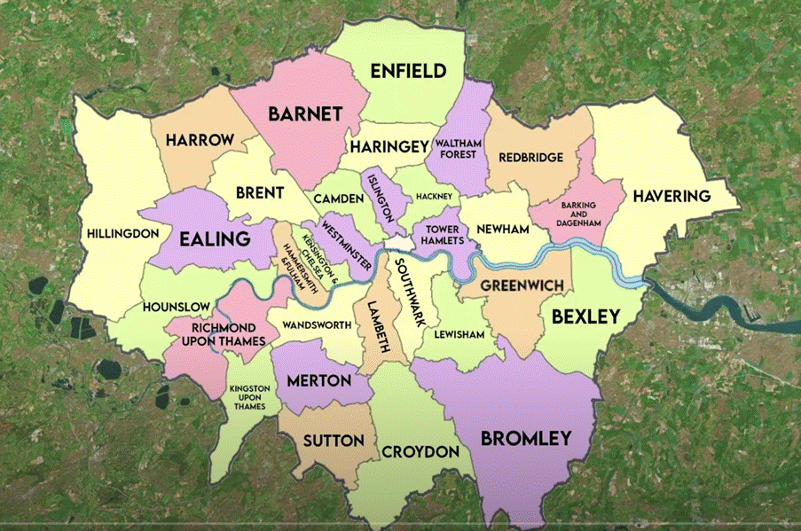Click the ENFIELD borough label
pyautogui.click(x=407, y=71)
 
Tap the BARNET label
pyautogui.click(x=305, y=113)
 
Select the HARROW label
pyautogui.click(x=199, y=140)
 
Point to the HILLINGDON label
pyautogui.click(x=123, y=234)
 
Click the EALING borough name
pyautogui.click(x=215, y=238)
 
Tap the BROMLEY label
pyautogui.click(x=525, y=438)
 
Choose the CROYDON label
pyautogui.click(x=420, y=452)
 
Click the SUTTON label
pyautogui.click(x=334, y=441)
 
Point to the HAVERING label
pyautogui.click(x=671, y=196)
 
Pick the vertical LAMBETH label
pyautogui.click(x=384, y=326)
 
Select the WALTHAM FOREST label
pyautogui.click(x=455, y=149)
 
